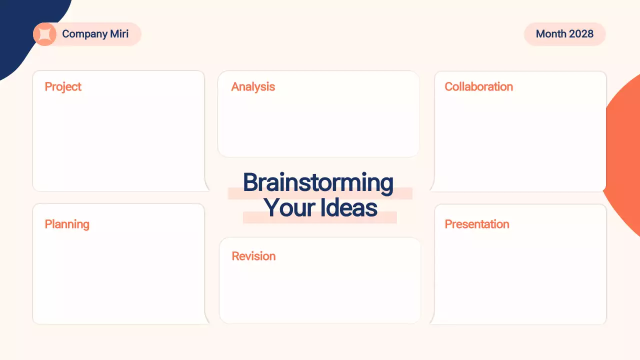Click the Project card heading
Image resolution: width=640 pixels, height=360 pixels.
(63, 87)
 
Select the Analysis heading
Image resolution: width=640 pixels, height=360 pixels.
(253, 87)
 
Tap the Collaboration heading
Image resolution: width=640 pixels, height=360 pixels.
(478, 87)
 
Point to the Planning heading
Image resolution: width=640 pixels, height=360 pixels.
(67, 224)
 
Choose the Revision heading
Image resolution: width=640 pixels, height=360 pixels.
(253, 256)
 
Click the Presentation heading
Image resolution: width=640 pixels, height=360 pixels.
(477, 224)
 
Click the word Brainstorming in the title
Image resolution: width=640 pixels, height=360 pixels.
(318, 183)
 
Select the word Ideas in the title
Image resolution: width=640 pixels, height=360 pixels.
(349, 208)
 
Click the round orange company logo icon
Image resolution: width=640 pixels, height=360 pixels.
(44, 34)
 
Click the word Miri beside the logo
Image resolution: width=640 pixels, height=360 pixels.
(116, 34)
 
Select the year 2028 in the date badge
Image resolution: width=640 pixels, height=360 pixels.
(580, 34)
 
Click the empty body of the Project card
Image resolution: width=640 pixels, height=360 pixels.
(118, 142)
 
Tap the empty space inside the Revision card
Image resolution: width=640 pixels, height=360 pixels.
(320, 295)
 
